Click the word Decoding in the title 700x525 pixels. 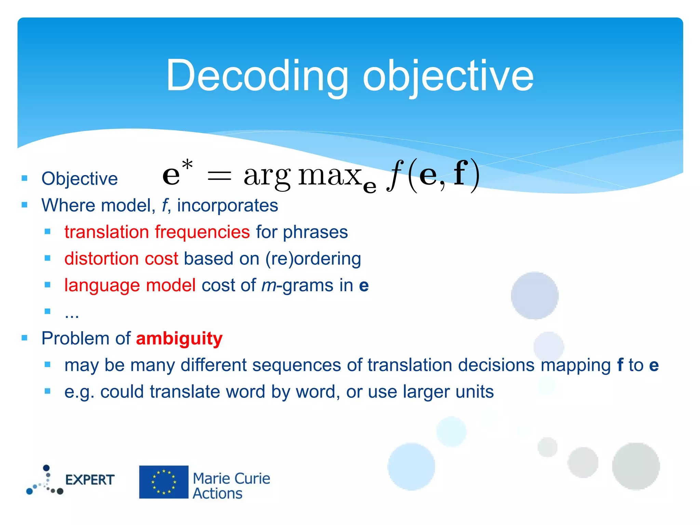(x=257, y=76)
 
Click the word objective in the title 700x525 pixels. (x=448, y=76)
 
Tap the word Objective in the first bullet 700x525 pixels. (x=79, y=179)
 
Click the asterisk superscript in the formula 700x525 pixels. (x=187, y=165)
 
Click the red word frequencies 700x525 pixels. (x=202, y=232)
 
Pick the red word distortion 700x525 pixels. (x=101, y=259)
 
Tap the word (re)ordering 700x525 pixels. (x=313, y=259)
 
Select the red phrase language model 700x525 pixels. (x=130, y=285)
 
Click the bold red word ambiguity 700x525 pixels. (x=179, y=339)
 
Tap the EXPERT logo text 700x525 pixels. (x=90, y=480)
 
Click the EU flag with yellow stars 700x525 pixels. (x=164, y=482)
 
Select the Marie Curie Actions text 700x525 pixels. (x=231, y=486)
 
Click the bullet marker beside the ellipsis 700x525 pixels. (x=48, y=311)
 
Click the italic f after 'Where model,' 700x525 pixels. (x=165, y=205)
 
